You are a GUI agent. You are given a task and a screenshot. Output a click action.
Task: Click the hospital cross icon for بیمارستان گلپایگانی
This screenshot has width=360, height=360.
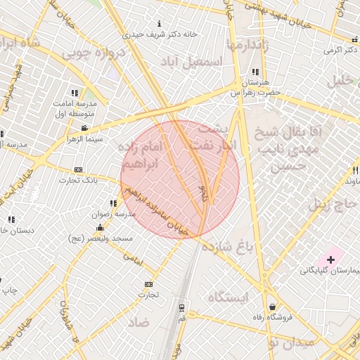click(x=331, y=260)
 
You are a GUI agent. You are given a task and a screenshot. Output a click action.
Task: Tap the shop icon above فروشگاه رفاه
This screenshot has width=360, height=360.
click(x=272, y=307)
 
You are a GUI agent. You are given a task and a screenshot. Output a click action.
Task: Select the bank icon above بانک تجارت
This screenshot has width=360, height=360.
click(x=78, y=169)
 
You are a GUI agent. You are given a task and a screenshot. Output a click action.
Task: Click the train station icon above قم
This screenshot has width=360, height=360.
click(x=181, y=307)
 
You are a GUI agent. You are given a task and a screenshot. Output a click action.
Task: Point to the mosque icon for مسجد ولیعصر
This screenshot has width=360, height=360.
click(x=100, y=227)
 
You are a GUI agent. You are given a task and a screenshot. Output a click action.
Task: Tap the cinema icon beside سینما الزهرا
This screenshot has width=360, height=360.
click(x=85, y=128)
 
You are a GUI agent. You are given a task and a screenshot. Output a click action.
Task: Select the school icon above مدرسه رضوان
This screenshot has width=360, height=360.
click(x=114, y=203)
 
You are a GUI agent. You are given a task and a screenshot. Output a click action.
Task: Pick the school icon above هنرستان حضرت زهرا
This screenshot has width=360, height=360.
click(x=255, y=72)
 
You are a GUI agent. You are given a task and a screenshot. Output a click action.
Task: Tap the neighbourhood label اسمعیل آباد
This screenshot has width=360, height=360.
click(x=192, y=62)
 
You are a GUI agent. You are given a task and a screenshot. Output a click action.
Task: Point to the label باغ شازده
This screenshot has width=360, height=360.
click(x=228, y=247)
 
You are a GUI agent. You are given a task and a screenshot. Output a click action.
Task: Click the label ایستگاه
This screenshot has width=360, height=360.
click(x=229, y=297)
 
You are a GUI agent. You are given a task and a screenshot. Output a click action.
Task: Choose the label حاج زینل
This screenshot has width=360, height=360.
click(x=330, y=205)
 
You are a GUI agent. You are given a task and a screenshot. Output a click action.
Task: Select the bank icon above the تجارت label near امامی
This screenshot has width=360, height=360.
click(x=148, y=284)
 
